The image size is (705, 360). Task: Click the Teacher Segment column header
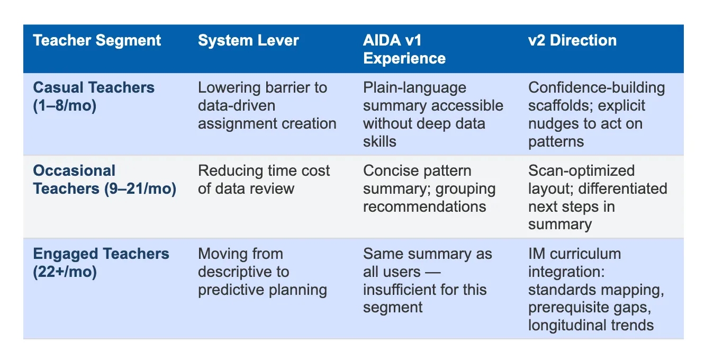(x=97, y=41)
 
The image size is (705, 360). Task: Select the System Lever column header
(x=248, y=41)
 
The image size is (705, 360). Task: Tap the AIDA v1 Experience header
(x=404, y=49)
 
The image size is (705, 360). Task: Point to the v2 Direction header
(x=573, y=41)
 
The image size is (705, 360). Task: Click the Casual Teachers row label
(x=94, y=96)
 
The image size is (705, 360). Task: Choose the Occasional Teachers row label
(x=104, y=179)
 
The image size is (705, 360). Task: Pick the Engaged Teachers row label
(x=101, y=263)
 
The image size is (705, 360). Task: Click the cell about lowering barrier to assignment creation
(x=267, y=106)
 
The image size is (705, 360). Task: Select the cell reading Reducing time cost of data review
(x=264, y=179)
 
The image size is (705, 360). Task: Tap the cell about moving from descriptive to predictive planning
(x=263, y=272)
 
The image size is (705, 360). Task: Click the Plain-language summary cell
(x=433, y=114)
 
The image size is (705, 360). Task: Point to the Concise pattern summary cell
(x=429, y=188)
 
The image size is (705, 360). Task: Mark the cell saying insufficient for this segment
(x=428, y=281)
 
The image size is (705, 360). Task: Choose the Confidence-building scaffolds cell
(x=596, y=114)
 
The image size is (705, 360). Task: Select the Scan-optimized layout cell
(x=598, y=197)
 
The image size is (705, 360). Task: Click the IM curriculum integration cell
(x=596, y=289)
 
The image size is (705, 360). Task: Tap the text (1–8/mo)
(x=65, y=106)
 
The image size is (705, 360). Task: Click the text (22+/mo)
(x=65, y=272)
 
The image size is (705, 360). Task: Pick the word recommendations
(x=424, y=207)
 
